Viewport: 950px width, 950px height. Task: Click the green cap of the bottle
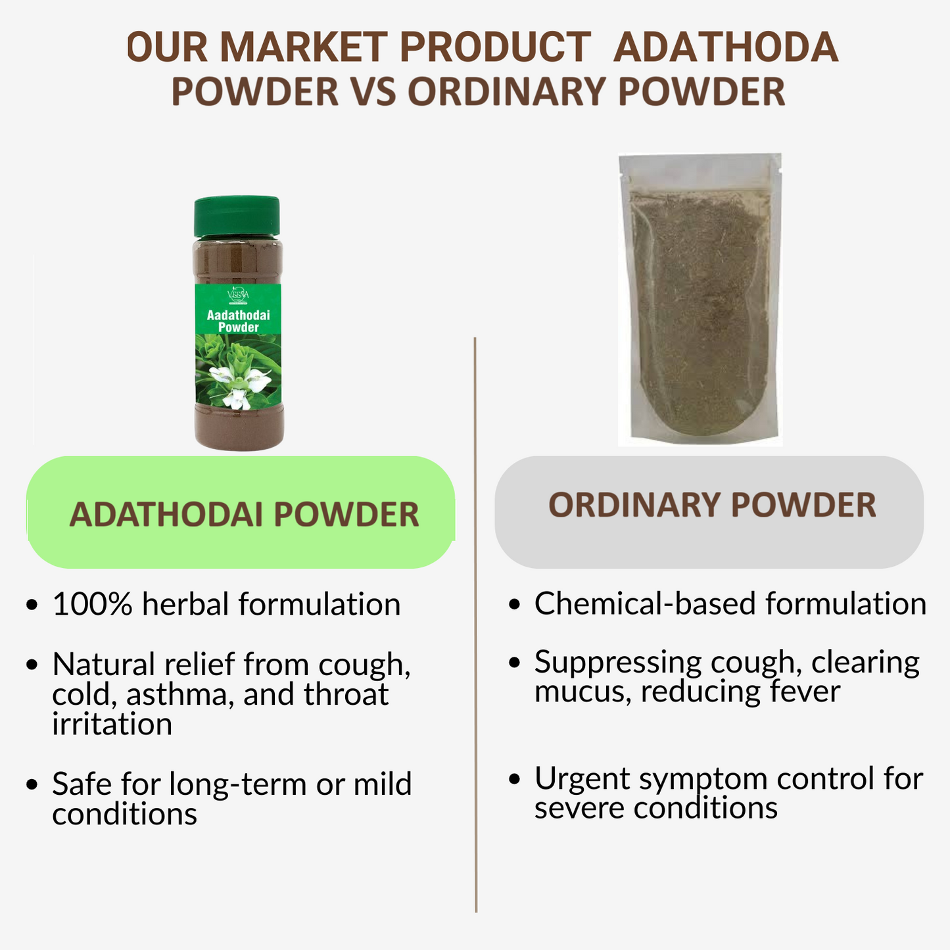coord(237,216)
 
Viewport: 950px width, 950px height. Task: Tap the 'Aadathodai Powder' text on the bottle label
coord(239,321)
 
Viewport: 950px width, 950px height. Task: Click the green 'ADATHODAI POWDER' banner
coord(241,513)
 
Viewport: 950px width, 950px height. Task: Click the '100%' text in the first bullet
coord(92,605)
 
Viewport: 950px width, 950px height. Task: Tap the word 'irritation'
coord(112,724)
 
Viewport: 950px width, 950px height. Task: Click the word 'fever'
coord(807,692)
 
